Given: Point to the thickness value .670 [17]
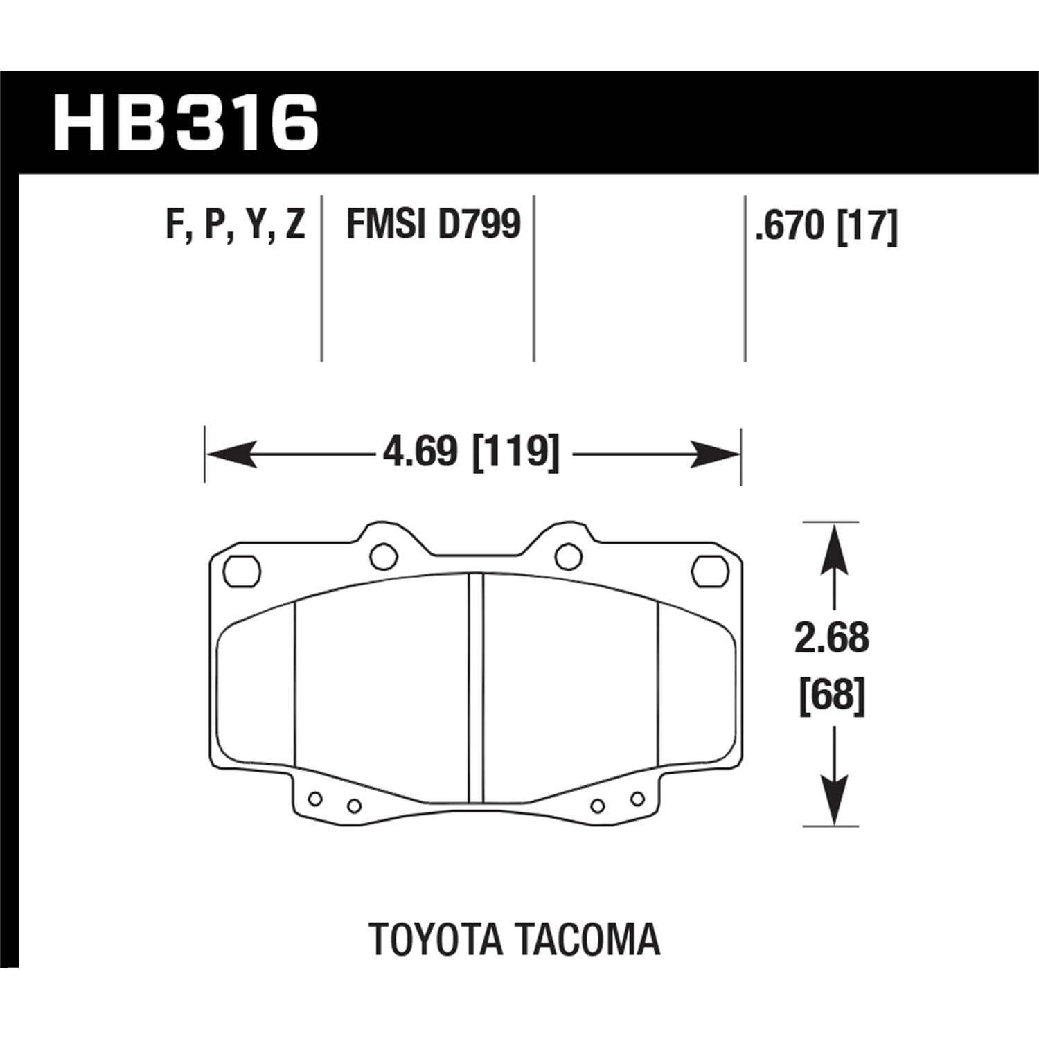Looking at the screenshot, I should point(826,227).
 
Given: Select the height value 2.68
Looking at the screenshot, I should point(831,639).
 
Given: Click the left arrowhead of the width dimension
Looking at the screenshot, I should point(229,454).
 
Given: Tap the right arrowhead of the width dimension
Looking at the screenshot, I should point(717,454).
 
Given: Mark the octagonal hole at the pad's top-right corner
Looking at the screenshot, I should point(709,571).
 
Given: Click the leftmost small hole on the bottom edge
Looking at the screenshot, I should point(315,799).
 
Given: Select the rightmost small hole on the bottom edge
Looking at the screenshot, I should point(637,799).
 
